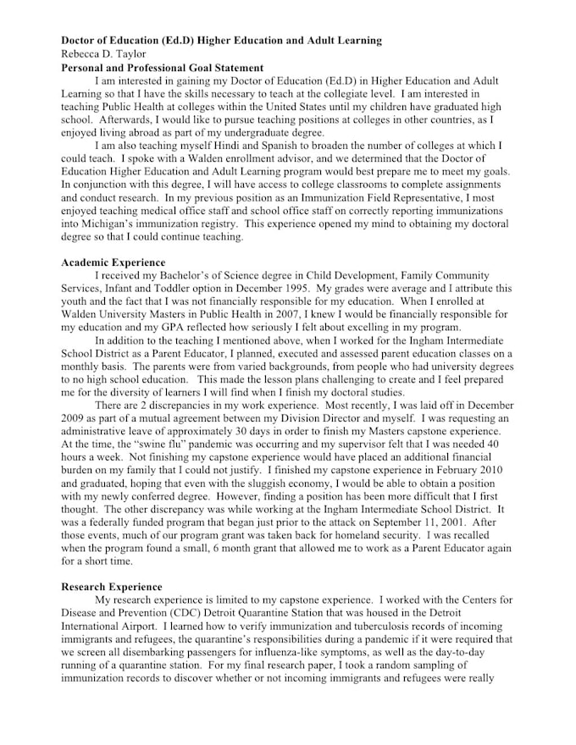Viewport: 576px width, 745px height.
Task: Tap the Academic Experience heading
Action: point(114,262)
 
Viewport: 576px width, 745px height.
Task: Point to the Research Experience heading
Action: point(112,587)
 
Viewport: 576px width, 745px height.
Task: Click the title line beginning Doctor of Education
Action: point(221,41)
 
